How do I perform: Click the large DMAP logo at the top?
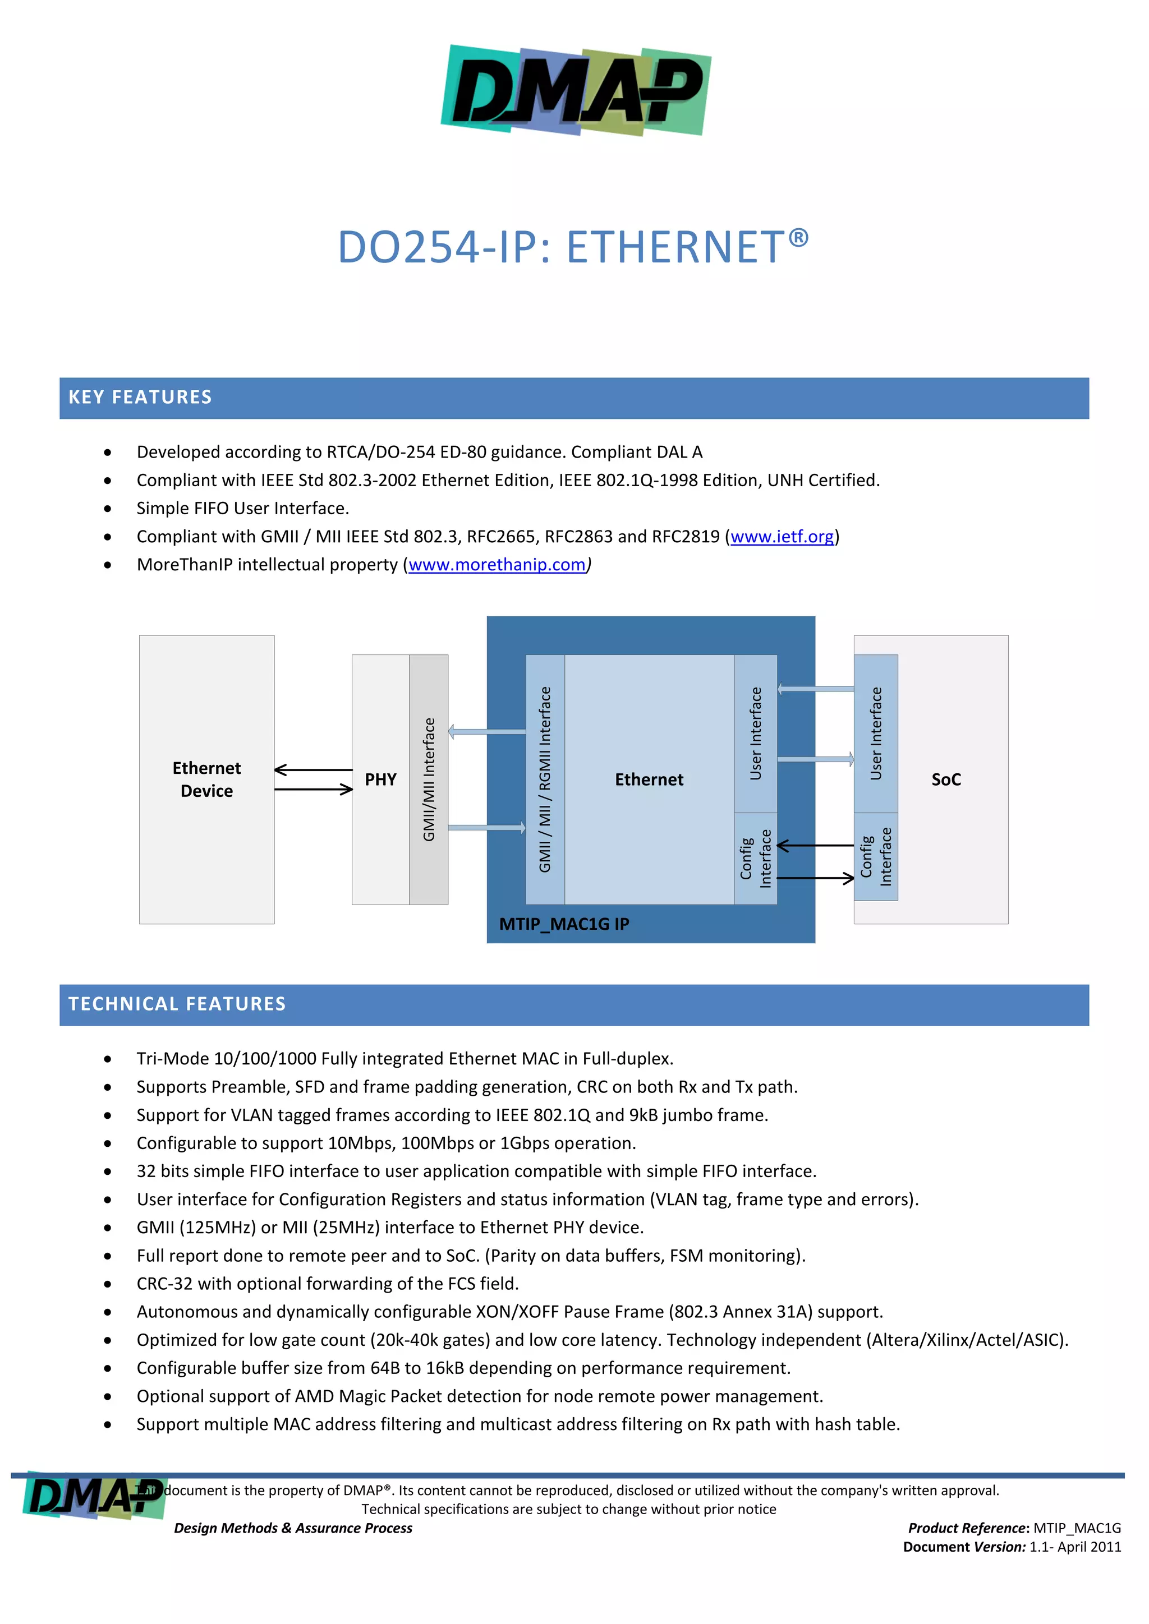click(x=575, y=90)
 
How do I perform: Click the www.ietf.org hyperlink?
click(x=782, y=537)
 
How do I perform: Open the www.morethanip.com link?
click(x=497, y=565)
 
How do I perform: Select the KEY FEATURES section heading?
click(x=140, y=398)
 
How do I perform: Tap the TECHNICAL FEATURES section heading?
click(x=177, y=1004)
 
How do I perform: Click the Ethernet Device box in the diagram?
click(x=206, y=779)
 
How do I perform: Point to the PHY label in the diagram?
click(x=380, y=779)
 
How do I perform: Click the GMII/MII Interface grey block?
click(x=429, y=779)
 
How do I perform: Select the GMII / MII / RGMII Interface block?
click(x=545, y=779)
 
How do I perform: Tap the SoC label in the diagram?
click(x=946, y=779)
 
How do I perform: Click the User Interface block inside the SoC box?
click(x=876, y=733)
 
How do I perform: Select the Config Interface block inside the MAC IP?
click(x=756, y=859)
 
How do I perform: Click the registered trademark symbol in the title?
click(x=798, y=238)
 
